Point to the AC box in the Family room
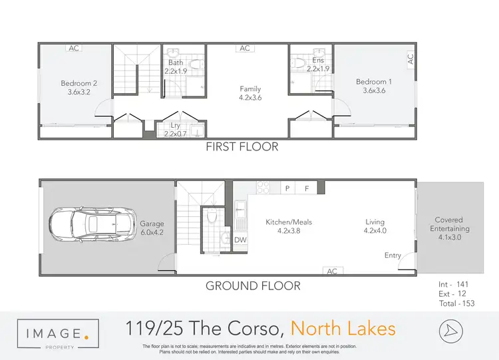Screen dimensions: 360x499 (x=244, y=48)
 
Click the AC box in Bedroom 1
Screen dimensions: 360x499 (x=411, y=58)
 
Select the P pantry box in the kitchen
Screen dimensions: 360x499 (x=288, y=188)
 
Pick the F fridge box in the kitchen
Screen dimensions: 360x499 (x=307, y=188)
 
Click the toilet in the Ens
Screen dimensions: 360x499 (x=299, y=63)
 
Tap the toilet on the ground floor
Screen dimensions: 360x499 (x=212, y=216)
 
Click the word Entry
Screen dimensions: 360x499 (x=393, y=256)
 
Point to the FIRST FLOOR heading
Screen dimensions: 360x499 (x=242, y=146)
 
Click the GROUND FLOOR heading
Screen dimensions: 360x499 (x=252, y=286)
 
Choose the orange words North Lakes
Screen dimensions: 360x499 (x=343, y=328)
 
